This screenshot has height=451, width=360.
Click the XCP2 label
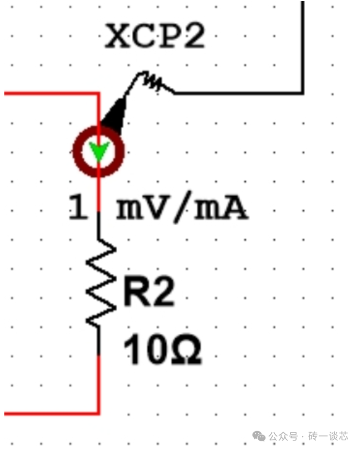tap(155, 36)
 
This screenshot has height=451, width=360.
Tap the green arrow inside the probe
tap(99, 153)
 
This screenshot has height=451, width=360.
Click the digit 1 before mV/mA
tap(78, 208)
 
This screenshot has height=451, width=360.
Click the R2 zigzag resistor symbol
tap(100, 283)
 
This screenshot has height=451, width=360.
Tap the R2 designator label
tap(149, 292)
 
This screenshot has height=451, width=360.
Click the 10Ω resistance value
tap(162, 351)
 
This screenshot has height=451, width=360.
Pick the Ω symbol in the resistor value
tap(187, 351)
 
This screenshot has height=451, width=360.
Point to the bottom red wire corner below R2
tap(99, 414)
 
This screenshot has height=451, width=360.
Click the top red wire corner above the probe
tap(99, 93)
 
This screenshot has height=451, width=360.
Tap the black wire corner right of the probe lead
tap(303, 93)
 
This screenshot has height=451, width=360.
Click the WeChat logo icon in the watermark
tap(259, 436)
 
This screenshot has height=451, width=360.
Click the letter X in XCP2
tap(116, 36)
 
